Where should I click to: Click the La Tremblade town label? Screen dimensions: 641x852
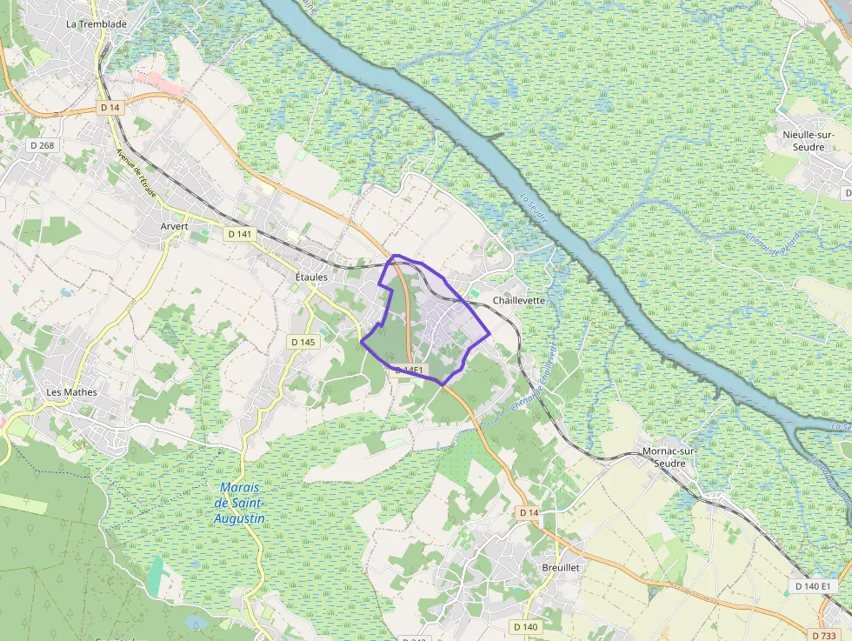coord(97,24)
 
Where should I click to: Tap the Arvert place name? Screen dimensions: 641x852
coord(174,226)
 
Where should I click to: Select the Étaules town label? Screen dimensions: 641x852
coord(310,276)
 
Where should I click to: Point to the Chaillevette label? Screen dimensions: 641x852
coord(519,300)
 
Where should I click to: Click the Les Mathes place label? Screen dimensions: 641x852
coord(71,392)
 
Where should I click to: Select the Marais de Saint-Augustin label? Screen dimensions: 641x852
coord(240,504)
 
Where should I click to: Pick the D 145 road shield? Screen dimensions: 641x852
coord(303,342)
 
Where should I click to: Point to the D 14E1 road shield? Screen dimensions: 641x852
coord(409,371)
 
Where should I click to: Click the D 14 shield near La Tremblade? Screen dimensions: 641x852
coord(110,107)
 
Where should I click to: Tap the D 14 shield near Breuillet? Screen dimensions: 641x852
coord(529,513)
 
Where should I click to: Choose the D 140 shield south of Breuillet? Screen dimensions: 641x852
coord(525,626)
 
